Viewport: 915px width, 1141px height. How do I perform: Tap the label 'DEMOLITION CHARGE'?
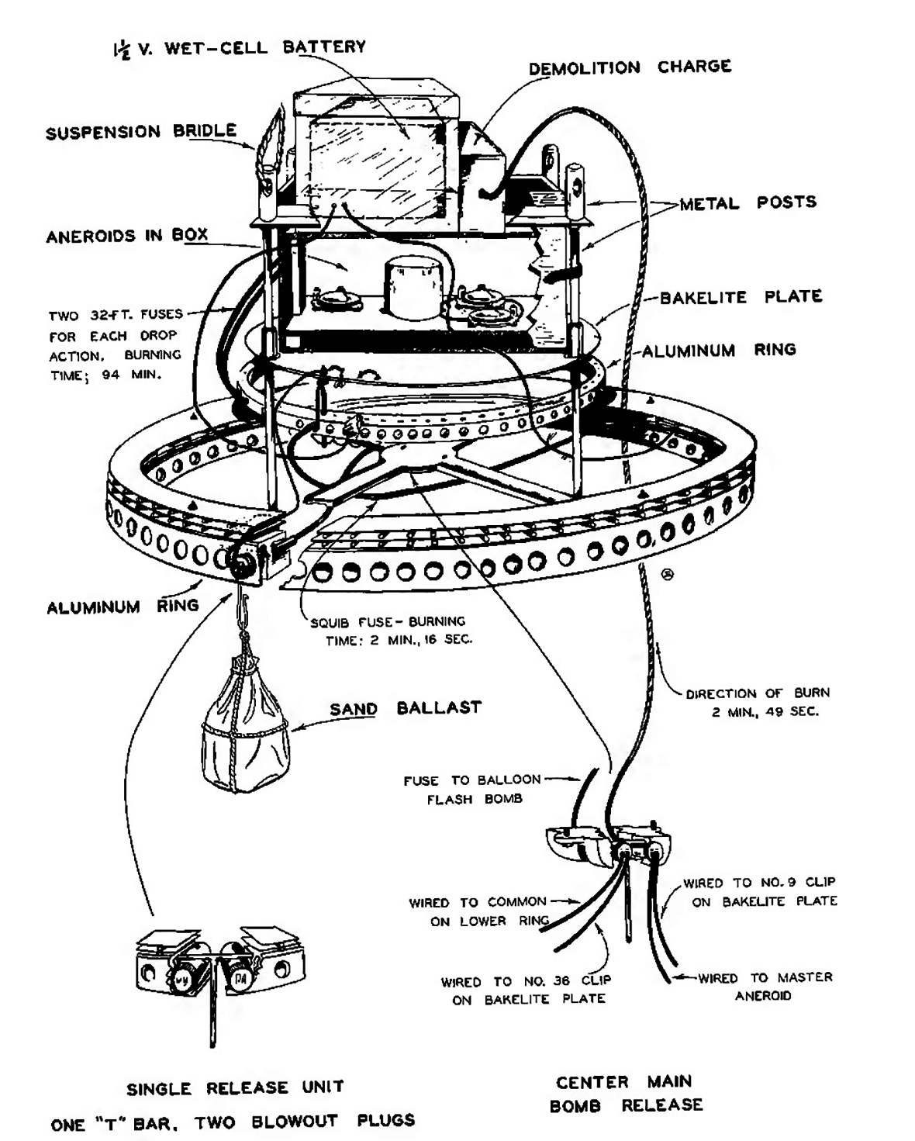[630, 67]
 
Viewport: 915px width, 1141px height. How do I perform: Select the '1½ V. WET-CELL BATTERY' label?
[237, 48]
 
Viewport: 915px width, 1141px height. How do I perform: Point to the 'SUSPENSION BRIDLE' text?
[140, 132]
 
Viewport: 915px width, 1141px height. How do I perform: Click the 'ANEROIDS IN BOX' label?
[126, 235]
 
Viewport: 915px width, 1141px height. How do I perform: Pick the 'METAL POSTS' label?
[748, 203]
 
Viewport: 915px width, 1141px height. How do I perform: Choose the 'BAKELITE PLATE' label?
[741, 297]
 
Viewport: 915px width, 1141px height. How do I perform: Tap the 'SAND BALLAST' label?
[405, 708]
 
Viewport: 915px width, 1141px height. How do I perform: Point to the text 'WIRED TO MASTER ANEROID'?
[764, 986]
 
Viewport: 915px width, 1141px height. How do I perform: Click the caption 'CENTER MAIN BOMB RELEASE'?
[625, 1093]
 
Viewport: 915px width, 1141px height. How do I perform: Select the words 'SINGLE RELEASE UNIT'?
[236, 1087]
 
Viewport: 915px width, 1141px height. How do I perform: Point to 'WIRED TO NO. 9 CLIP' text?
[759, 892]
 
